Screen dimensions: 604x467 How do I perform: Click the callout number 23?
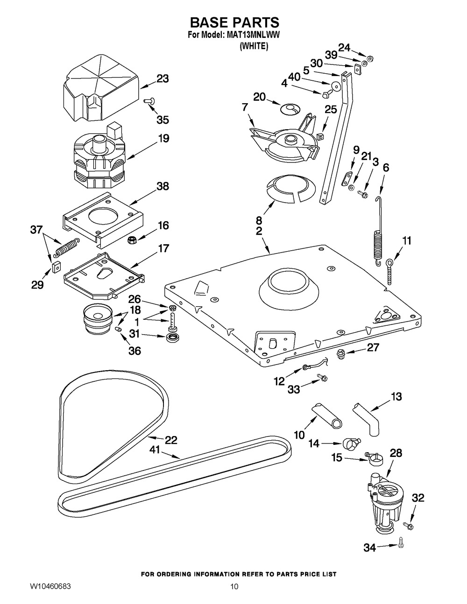click(x=162, y=79)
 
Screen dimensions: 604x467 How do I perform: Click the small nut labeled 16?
click(x=132, y=240)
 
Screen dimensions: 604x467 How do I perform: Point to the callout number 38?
click(x=162, y=186)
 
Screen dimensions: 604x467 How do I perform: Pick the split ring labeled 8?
click(x=287, y=190)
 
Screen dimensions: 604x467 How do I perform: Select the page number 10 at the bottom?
click(x=234, y=586)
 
